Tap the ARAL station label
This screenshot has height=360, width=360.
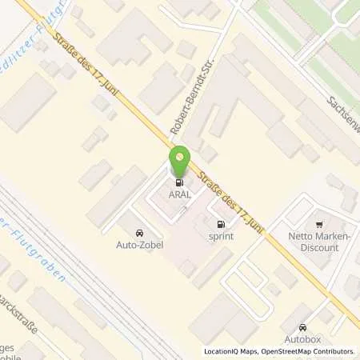click(x=179, y=192)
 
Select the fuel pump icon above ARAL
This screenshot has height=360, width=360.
click(x=179, y=180)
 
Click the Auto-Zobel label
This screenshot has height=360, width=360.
click(x=140, y=245)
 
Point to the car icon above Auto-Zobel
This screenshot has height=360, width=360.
click(x=141, y=233)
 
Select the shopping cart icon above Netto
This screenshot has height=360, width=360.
click(x=318, y=225)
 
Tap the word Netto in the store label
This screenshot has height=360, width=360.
click(x=301, y=237)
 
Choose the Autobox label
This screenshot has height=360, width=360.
click(x=302, y=339)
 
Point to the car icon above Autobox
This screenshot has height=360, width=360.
click(x=302, y=327)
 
